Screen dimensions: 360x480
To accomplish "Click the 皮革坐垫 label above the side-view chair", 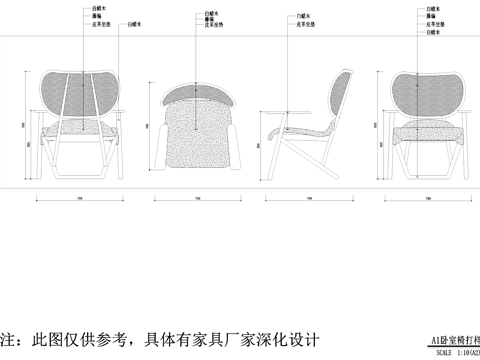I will (301, 29).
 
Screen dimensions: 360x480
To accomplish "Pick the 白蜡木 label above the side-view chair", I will (301, 17).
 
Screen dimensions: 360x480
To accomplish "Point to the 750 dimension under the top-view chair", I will (197, 199).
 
